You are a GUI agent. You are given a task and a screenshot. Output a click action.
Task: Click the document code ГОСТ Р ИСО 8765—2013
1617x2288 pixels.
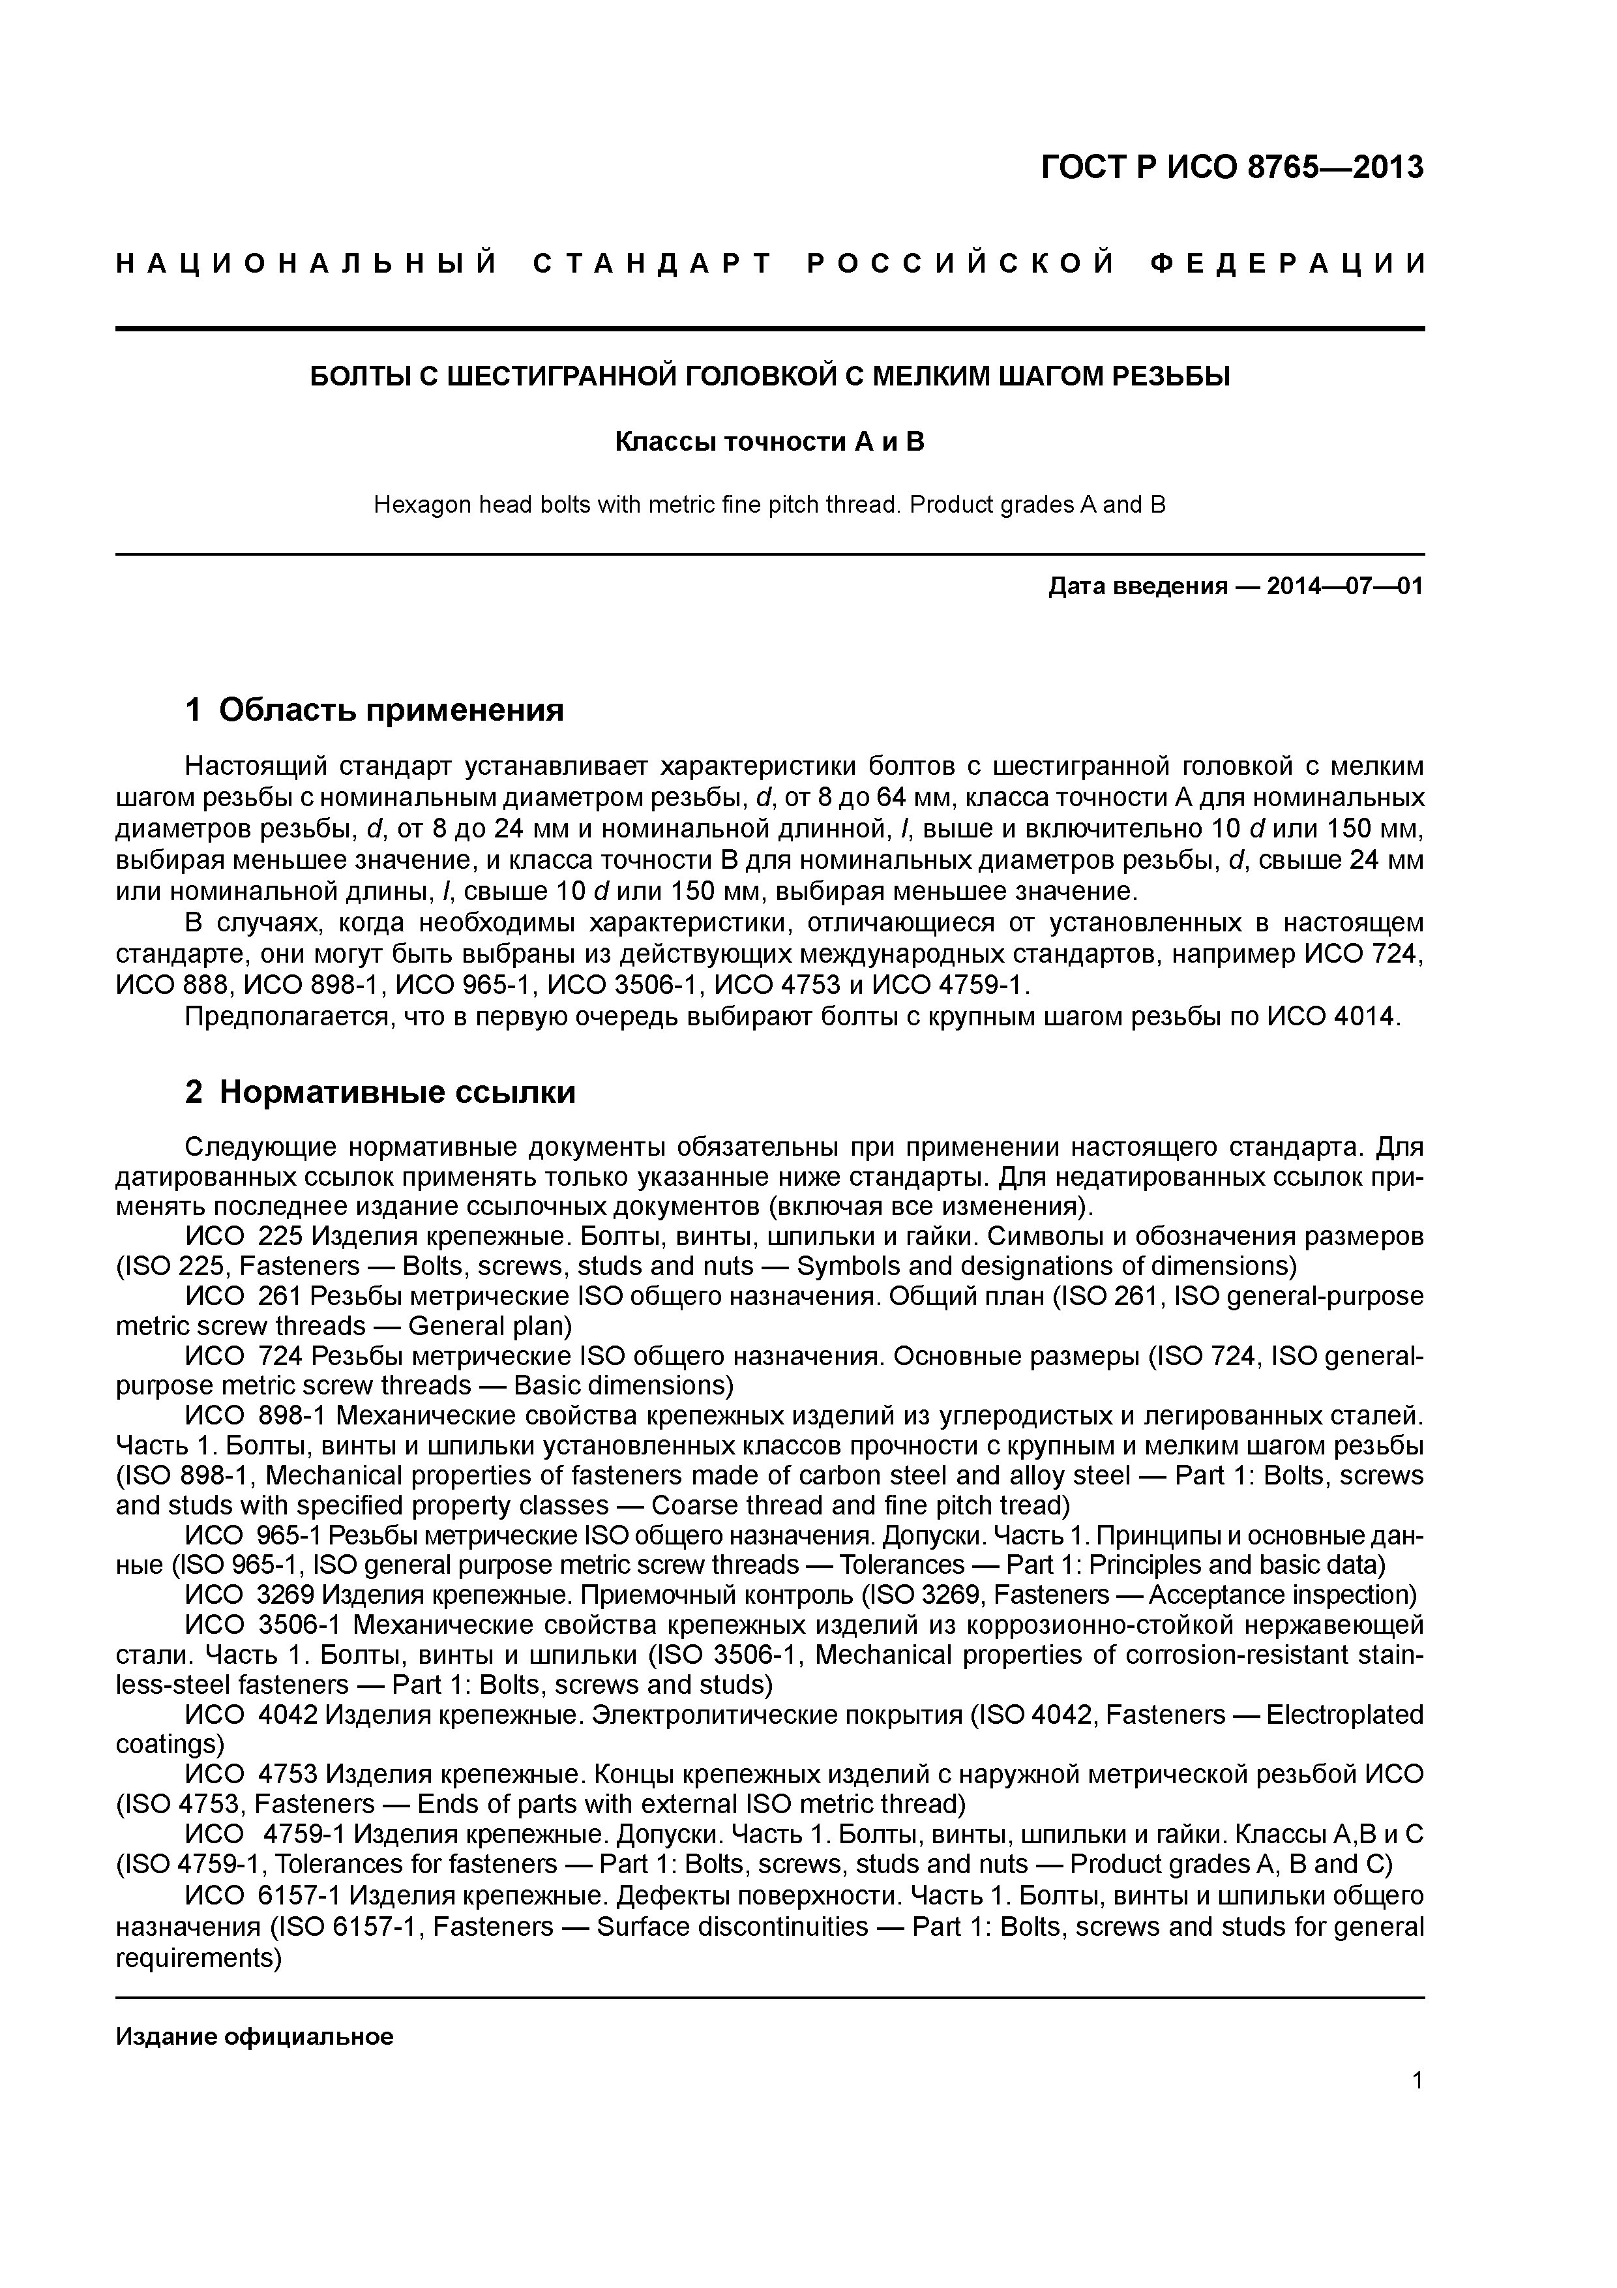pos(1232,168)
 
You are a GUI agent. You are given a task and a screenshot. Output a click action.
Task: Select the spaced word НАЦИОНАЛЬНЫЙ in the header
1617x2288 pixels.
pos(307,264)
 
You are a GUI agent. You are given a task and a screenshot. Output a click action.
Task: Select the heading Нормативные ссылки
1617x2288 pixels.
pos(396,1092)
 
